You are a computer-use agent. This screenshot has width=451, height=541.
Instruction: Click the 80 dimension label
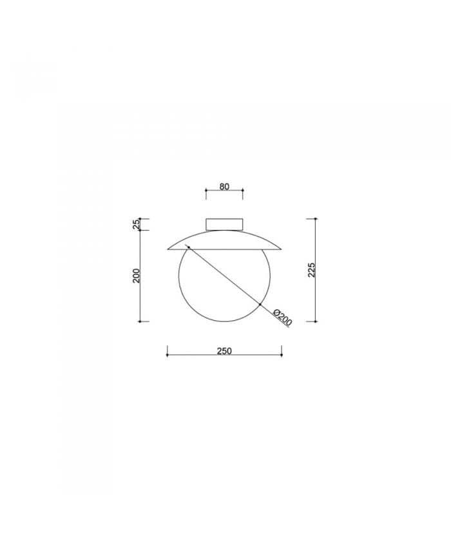pos(224,187)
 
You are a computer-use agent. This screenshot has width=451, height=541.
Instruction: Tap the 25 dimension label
pos(137,225)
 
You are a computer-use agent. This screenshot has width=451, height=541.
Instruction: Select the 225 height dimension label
pos(312,270)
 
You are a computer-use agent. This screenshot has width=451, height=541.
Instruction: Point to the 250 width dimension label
pos(224,351)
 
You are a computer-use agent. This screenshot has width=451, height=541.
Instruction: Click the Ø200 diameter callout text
pos(282,318)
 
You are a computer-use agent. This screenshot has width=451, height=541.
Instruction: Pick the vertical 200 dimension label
pos(137,276)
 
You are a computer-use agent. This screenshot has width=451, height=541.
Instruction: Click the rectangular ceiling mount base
pos(224,224)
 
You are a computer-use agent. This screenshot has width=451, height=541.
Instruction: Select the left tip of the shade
pos(168,249)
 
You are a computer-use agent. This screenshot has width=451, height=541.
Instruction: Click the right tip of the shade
pos(282,249)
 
